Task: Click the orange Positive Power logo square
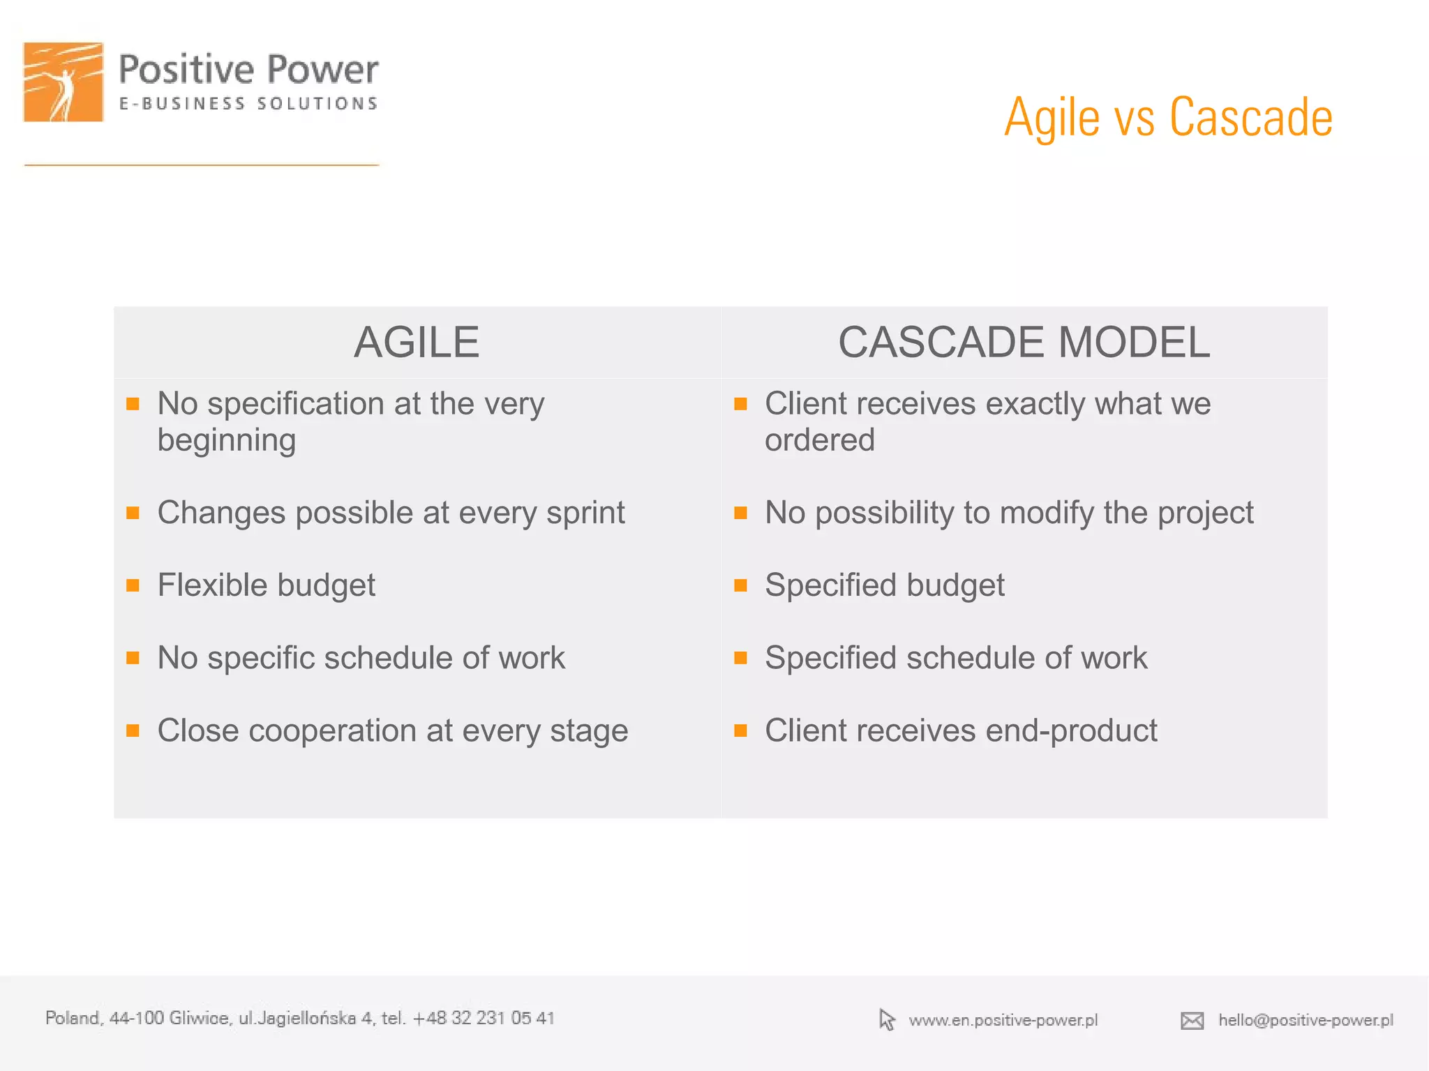click(x=63, y=82)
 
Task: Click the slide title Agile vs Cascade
click(x=1168, y=117)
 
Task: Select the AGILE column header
click(x=417, y=343)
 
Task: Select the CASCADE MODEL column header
click(x=1024, y=343)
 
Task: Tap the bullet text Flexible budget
click(x=266, y=585)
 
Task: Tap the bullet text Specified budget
click(x=884, y=585)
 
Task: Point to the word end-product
click(x=1071, y=731)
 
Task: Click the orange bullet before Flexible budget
click(x=133, y=585)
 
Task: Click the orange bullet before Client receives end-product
click(x=741, y=731)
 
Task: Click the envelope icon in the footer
click(x=1192, y=1021)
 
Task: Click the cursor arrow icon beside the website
click(x=887, y=1019)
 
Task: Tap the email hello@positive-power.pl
click(x=1305, y=1020)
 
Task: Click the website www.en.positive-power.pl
click(x=1003, y=1020)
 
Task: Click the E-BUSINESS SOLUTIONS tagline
click(x=248, y=104)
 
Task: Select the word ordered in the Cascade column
click(x=819, y=440)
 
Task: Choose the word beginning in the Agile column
click(x=227, y=440)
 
